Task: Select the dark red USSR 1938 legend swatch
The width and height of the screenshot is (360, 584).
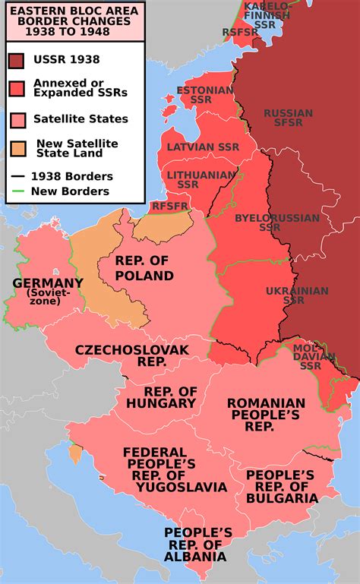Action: tap(17, 61)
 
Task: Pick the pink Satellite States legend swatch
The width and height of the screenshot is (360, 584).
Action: tap(17, 119)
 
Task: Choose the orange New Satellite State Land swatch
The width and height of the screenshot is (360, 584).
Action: tap(17, 148)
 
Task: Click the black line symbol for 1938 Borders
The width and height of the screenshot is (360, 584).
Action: tap(17, 176)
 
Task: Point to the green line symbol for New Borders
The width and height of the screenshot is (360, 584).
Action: tap(17, 192)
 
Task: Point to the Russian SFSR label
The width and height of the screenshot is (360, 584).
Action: tap(288, 118)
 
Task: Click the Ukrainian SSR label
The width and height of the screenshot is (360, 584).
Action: tap(297, 295)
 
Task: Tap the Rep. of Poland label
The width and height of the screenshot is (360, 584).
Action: tap(144, 268)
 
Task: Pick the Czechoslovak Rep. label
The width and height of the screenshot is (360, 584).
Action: tap(131, 355)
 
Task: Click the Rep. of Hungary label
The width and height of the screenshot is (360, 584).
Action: tap(160, 396)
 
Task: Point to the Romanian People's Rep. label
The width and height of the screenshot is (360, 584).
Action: tap(266, 415)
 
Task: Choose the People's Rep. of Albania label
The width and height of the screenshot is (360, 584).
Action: tap(197, 544)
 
